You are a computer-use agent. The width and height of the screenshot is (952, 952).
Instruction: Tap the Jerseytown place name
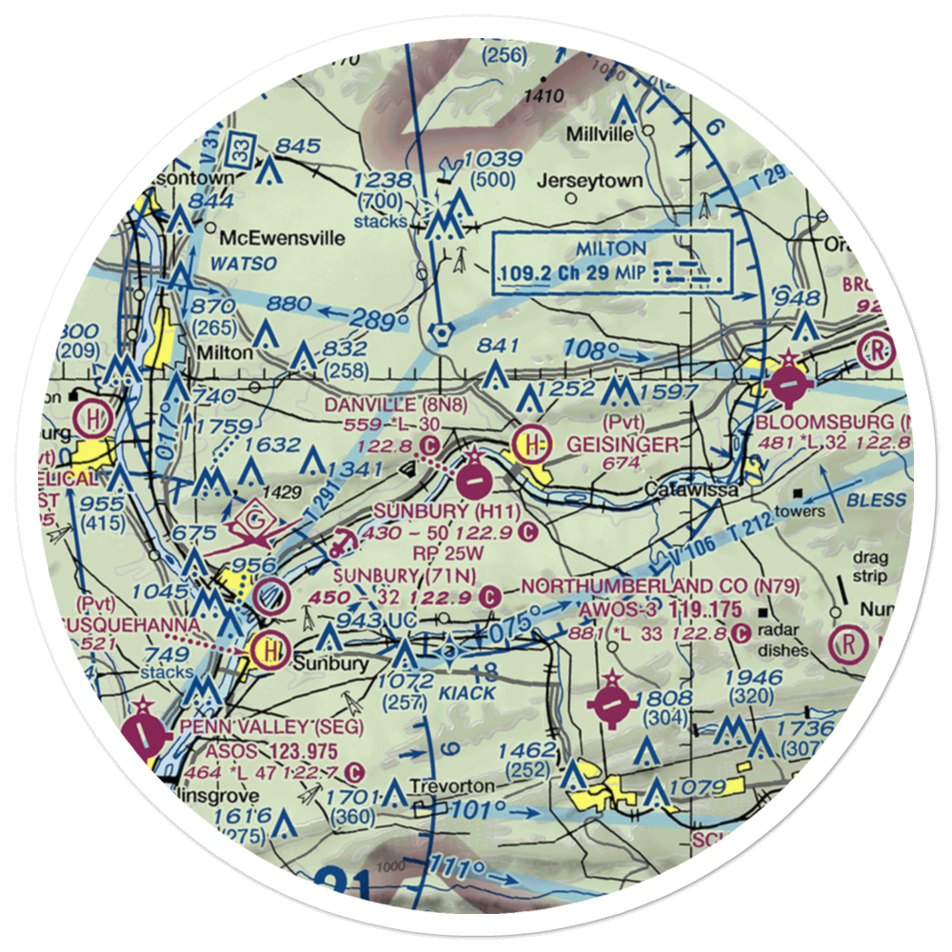click(576, 180)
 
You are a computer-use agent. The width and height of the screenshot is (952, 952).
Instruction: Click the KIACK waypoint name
click(466, 693)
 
